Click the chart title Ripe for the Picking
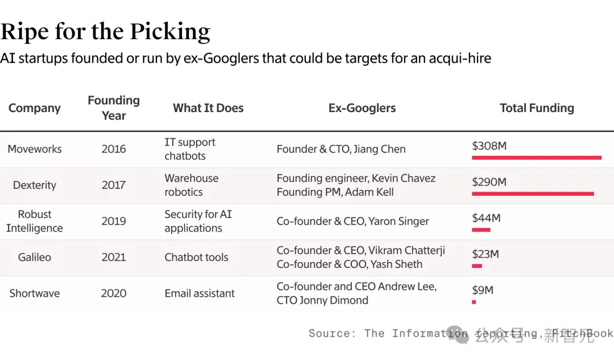[x=105, y=32]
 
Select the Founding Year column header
[x=114, y=107]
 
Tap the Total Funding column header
[x=537, y=108]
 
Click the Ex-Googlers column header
[x=362, y=108]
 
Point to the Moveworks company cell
[x=35, y=149]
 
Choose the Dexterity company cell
[x=35, y=185]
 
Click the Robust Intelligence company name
[x=35, y=221]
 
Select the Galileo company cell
[x=35, y=257]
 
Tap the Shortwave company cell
[x=35, y=293]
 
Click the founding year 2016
[x=114, y=149]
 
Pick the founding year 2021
[x=114, y=257]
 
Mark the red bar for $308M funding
[x=536, y=158]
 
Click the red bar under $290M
[x=533, y=194]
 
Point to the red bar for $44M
[x=481, y=230]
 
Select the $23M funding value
[x=486, y=254]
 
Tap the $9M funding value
[x=483, y=290]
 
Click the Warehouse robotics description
[x=192, y=185]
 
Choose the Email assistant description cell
[x=200, y=293]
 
